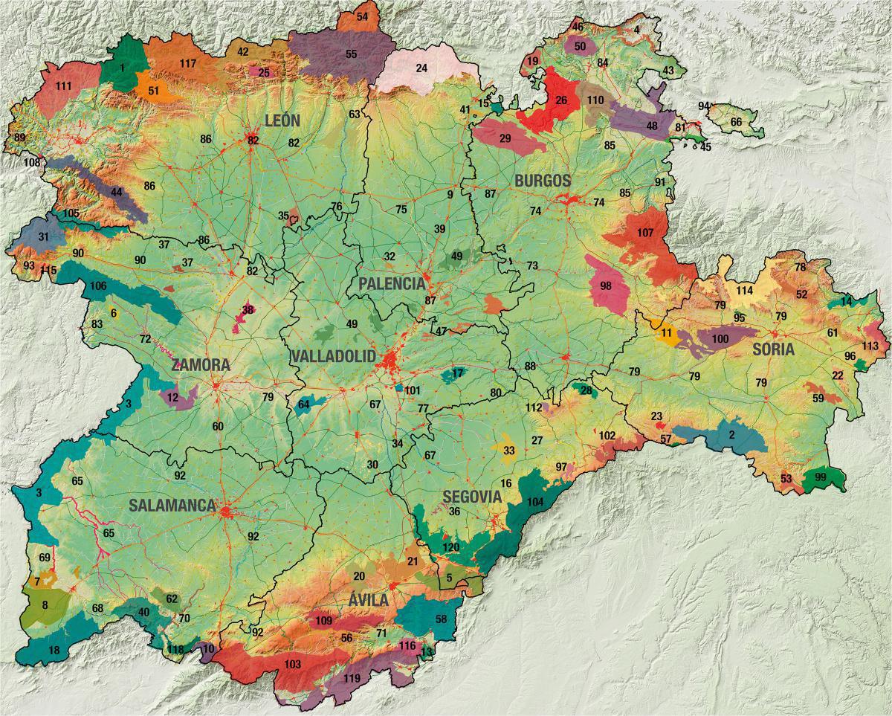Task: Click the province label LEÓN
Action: tap(282, 120)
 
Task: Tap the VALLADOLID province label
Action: tap(333, 356)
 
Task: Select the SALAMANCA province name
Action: tap(172, 506)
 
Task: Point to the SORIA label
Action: tap(773, 349)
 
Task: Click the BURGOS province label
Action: tap(543, 180)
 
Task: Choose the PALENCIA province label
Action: tap(391, 284)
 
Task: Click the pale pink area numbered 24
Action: tap(421, 68)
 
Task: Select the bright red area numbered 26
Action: tap(560, 100)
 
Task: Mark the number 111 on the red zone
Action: tap(63, 87)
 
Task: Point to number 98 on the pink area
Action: tap(605, 286)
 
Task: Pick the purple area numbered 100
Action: tap(720, 338)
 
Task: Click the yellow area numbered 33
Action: tap(508, 451)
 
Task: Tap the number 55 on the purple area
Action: tap(351, 54)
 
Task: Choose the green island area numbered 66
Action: tap(735, 122)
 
